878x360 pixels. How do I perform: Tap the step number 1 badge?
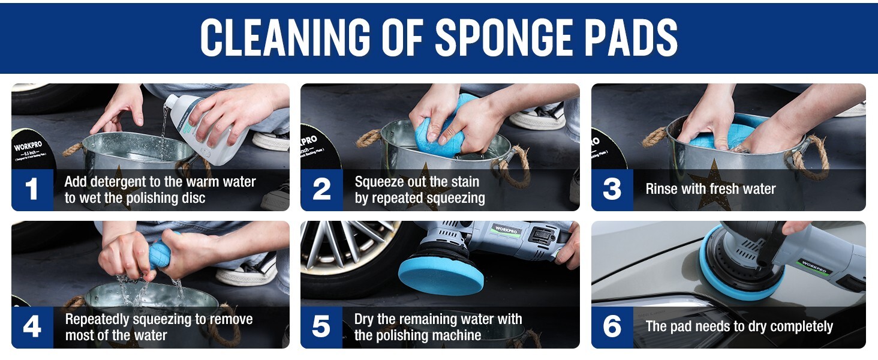(32, 190)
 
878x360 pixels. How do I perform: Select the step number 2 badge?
(321, 190)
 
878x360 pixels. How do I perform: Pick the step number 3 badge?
(612, 190)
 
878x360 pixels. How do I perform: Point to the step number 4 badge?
(32, 327)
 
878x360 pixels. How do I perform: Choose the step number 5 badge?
(321, 327)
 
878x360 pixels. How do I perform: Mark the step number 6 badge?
(612, 327)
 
